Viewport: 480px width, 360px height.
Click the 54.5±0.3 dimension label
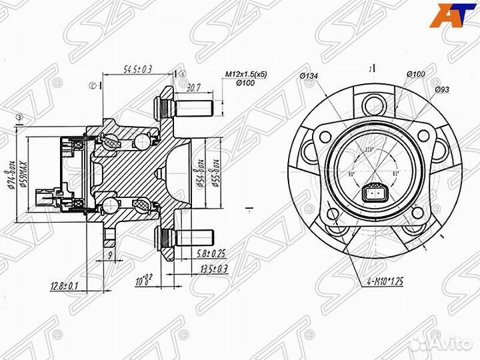[139, 69]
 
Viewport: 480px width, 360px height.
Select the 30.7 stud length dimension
[195, 87]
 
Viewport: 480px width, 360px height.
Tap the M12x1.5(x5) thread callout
[246, 74]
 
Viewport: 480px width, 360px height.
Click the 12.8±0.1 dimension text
[63, 286]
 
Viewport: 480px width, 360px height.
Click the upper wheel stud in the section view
[183, 106]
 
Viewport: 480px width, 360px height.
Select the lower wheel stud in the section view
[183, 237]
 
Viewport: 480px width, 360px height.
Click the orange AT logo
[446, 15]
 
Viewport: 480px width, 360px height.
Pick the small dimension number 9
[109, 255]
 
